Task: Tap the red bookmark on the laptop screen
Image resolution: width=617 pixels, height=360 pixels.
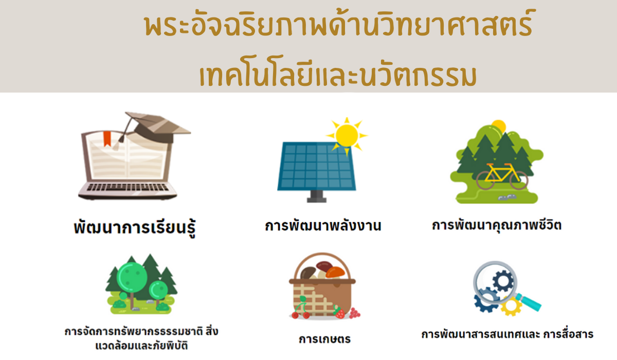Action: coord(107,138)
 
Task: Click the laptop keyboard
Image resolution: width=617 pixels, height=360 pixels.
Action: coord(128,187)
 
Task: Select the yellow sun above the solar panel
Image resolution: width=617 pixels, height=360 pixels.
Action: coord(347,135)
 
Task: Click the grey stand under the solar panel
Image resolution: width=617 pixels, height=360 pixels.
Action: coord(317,196)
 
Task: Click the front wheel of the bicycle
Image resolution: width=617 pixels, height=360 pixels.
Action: coord(519,180)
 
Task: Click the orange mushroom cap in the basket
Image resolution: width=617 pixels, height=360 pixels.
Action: coord(335,272)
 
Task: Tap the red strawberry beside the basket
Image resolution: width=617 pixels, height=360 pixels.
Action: coord(340,313)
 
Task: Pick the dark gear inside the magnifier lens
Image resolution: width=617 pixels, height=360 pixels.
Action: coord(503,281)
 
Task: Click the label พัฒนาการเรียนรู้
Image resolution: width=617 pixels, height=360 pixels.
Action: coord(135,227)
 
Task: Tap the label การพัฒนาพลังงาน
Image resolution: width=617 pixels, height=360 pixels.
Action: coord(323,226)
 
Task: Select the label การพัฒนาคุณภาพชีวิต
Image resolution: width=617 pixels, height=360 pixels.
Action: coord(497,225)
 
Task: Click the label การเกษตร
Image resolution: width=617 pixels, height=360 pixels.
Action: coord(325,339)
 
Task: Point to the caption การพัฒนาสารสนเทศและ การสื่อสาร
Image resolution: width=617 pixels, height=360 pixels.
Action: coord(507,334)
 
